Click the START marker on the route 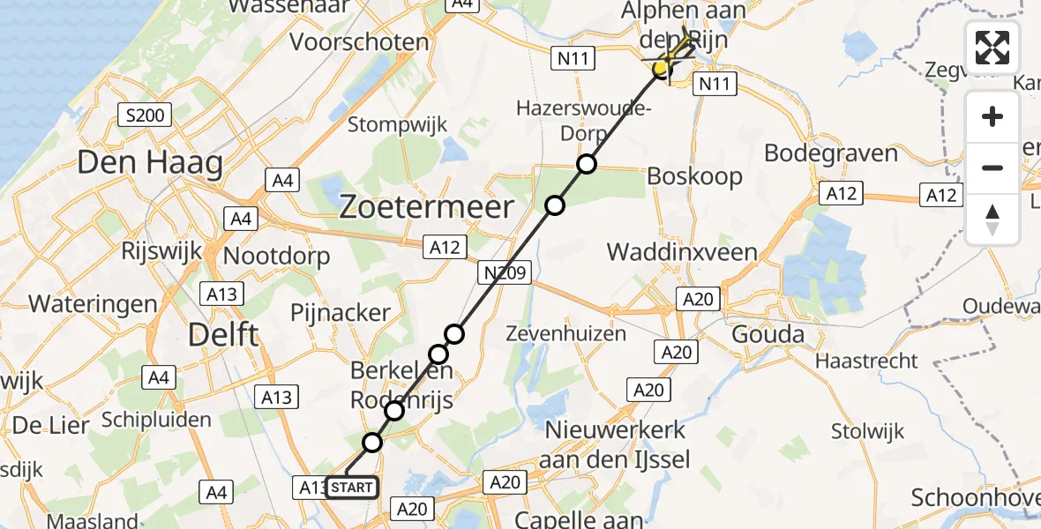tap(352, 487)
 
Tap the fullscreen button tap(992, 48)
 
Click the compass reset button tap(992, 219)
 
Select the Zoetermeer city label tap(427, 208)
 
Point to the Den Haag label tap(149, 163)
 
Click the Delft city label tap(223, 335)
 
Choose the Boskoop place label tap(694, 176)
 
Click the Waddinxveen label tap(682, 252)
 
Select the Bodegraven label tap(830, 153)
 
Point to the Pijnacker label tap(341, 312)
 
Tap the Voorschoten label tap(359, 41)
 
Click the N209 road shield tap(506, 273)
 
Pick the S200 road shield tap(145, 115)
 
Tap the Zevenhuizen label tap(566, 334)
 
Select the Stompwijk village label tap(397, 124)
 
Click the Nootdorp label tap(277, 257)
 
